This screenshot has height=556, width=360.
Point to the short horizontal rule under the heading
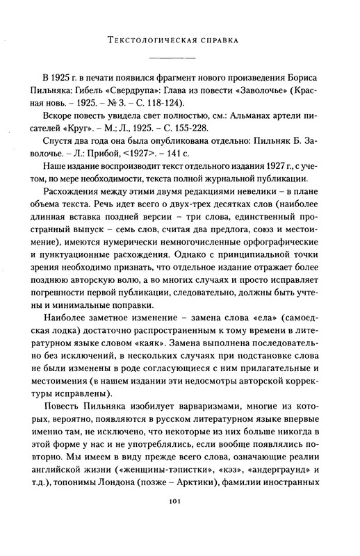(x=179, y=55)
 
